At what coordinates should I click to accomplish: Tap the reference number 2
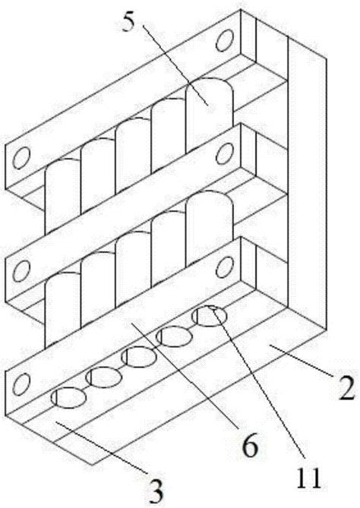pos(347,388)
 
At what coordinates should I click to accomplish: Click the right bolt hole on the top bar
pos(225,40)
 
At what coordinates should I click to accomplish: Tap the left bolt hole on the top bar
pos(21,158)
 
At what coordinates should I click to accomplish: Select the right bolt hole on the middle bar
pos(225,154)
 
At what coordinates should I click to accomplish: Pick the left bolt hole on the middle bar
pos(21,271)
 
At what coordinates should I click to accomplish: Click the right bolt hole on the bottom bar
pos(225,267)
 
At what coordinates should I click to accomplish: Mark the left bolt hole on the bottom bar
pos(21,383)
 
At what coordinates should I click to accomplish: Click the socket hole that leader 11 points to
pos(209,316)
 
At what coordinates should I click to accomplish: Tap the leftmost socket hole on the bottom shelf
pos(68,397)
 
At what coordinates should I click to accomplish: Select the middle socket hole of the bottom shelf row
pos(139,357)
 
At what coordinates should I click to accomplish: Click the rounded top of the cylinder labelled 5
pos(210,85)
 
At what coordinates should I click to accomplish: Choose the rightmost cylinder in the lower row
pos(210,227)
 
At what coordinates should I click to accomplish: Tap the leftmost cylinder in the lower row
pos(62,309)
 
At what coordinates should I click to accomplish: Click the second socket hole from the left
pos(104,377)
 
